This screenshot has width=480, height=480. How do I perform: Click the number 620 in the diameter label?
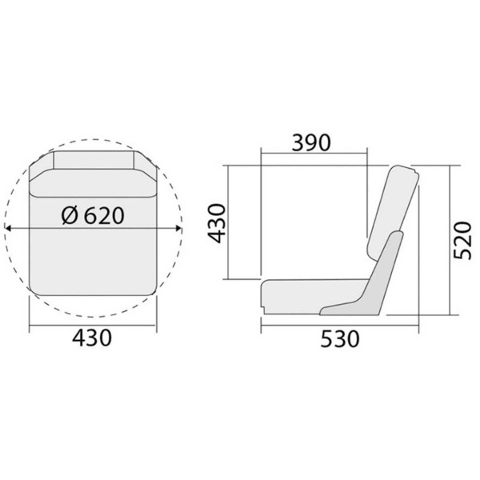(x=104, y=215)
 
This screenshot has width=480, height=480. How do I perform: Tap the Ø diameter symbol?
(x=70, y=215)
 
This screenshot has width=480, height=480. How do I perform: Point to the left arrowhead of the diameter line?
(x=8, y=229)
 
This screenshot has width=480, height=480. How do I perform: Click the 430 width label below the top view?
(x=90, y=338)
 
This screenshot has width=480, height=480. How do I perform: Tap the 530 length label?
(x=338, y=338)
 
